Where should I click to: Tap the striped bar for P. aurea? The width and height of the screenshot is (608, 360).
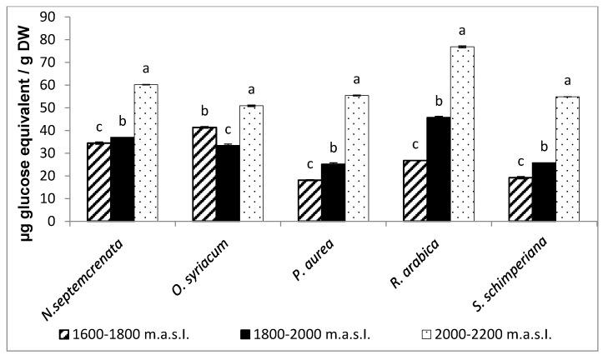(309, 201)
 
